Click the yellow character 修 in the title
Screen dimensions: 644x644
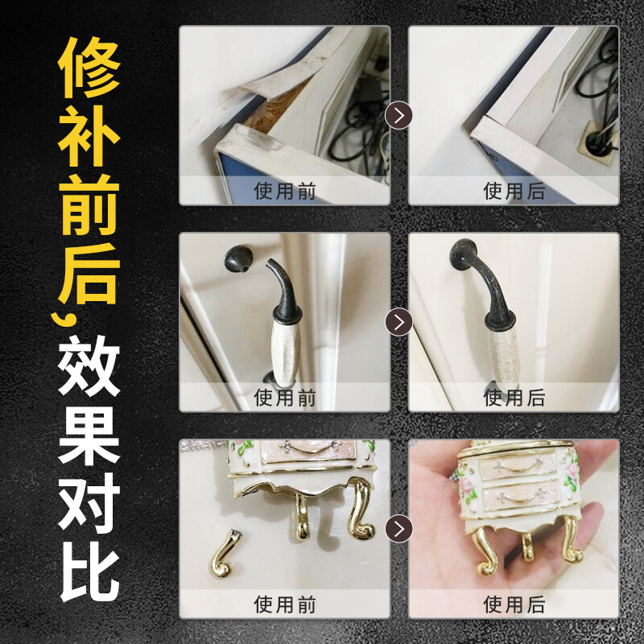(x=89, y=68)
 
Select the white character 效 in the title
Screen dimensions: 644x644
(x=89, y=365)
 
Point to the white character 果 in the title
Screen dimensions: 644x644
(x=89, y=436)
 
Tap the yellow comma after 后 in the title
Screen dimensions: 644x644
(x=65, y=319)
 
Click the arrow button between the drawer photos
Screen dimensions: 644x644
(x=398, y=115)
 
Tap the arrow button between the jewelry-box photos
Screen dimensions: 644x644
(x=398, y=528)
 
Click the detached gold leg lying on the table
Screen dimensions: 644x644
(x=225, y=554)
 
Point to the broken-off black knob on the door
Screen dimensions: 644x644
(x=238, y=258)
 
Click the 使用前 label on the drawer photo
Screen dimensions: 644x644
(x=285, y=192)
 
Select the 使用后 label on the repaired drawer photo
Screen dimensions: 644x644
(x=514, y=192)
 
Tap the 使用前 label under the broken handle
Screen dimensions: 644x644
(x=285, y=398)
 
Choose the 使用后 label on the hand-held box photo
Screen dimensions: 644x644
(x=514, y=605)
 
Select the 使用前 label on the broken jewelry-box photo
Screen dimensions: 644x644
(x=285, y=605)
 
